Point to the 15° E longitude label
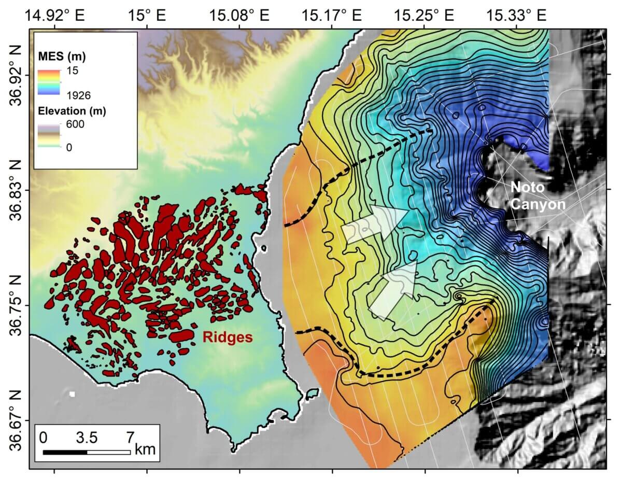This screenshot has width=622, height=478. [147, 15]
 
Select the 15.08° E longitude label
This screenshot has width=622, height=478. [239, 15]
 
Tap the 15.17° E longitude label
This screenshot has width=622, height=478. [332, 15]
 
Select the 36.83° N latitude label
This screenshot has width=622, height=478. [15, 190]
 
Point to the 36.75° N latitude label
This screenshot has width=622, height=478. [15, 305]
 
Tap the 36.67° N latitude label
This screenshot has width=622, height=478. [15, 420]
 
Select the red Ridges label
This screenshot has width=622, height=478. [227, 338]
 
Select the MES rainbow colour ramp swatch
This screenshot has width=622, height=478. [50, 81]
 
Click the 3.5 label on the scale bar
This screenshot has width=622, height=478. [87, 437]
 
